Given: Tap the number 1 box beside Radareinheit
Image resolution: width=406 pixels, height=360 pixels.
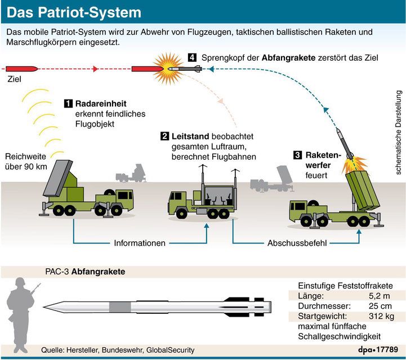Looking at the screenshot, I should coord(68,103).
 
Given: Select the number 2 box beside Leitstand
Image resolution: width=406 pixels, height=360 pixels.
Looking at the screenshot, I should coord(165,136).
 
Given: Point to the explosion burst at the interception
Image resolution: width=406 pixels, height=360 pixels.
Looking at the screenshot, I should coord(167,68).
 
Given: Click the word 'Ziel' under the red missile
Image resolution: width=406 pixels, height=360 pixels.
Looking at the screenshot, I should coord(14,80).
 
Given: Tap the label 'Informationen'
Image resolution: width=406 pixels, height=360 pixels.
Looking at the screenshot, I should coord(140,244).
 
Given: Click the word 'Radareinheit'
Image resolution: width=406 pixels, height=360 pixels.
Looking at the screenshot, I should coord(101,103).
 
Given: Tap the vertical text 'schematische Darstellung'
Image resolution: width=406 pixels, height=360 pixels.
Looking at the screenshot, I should coord(398,132).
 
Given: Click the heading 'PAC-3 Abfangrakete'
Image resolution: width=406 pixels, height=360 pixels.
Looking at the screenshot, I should coord(85,272).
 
